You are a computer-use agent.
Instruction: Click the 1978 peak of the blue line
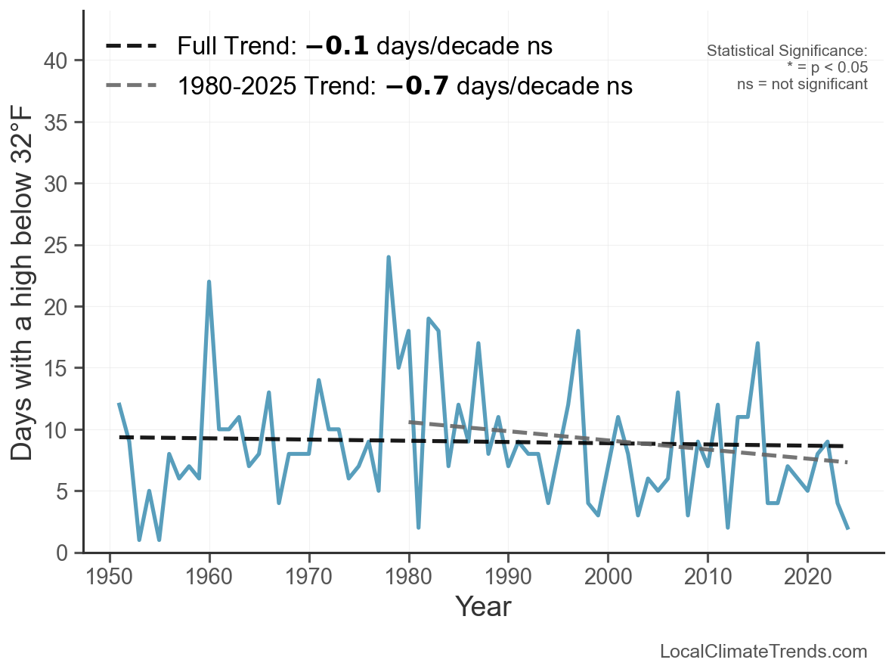[389, 258]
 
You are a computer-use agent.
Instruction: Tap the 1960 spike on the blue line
[209, 282]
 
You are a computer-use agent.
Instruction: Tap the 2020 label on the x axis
[807, 579]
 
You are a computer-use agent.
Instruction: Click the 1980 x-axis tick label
[408, 579]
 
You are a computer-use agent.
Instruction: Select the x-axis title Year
[483, 607]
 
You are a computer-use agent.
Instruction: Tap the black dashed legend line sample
[132, 46]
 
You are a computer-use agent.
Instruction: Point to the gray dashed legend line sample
[132, 85]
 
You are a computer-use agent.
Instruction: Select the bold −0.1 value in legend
[337, 46]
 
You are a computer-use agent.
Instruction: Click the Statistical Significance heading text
[786, 51]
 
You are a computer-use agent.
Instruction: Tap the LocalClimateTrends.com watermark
[763, 652]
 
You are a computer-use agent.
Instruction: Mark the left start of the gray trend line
[409, 422]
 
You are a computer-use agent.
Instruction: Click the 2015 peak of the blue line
[757, 344]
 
